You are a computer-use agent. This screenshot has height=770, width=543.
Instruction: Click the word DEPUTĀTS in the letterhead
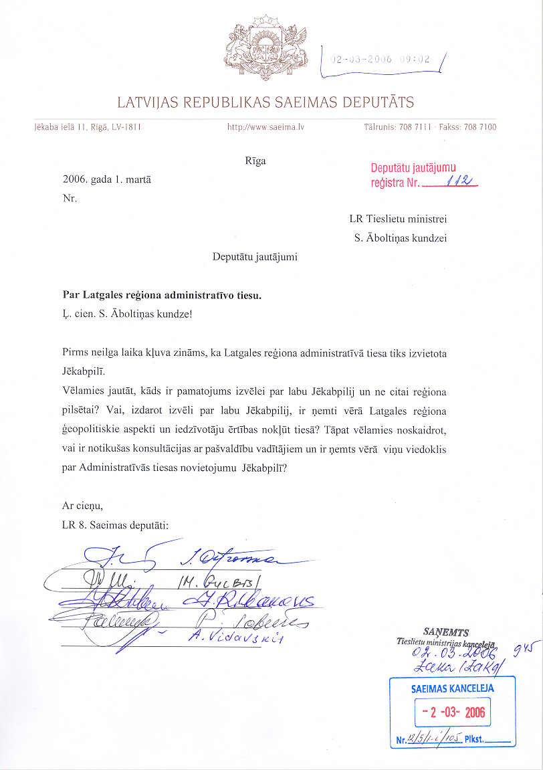tap(378, 103)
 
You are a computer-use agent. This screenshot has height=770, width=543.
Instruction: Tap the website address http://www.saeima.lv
tap(265, 126)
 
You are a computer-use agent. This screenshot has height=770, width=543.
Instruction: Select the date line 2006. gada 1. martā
tap(106, 180)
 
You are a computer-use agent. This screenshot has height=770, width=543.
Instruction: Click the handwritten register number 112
tap(461, 181)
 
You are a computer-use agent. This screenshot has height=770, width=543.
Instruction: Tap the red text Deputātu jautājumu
tap(413, 169)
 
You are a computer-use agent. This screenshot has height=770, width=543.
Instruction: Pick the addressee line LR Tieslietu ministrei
tap(398, 219)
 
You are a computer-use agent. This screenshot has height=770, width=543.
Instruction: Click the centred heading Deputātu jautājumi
tap(255, 256)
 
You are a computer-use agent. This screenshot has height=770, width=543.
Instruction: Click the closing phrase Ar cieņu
tap(82, 506)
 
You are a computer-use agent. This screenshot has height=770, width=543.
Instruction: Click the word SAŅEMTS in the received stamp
tap(446, 632)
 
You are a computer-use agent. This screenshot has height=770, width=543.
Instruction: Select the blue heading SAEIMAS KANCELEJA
tap(453, 688)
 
